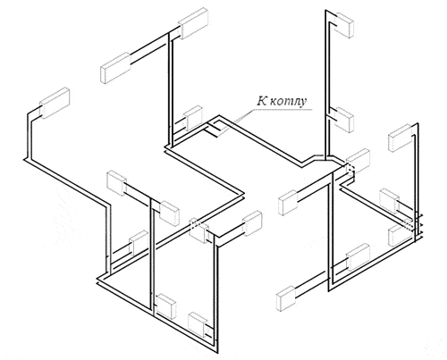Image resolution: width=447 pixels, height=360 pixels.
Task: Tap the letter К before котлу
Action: coord(262,101)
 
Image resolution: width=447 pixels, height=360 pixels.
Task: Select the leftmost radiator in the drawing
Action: coord(55,103)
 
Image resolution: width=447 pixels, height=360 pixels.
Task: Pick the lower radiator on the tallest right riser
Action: coord(344,119)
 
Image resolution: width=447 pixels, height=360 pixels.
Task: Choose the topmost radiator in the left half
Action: coord(193,23)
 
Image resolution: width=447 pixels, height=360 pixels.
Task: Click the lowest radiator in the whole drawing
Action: coord(198,325)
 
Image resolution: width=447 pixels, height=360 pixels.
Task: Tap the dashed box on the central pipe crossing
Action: coord(194,224)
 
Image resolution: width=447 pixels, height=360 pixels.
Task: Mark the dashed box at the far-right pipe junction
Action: coord(409,225)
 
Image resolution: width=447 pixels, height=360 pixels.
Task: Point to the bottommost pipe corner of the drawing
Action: coord(217,351)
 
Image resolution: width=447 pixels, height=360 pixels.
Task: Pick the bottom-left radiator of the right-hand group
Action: coord(286,298)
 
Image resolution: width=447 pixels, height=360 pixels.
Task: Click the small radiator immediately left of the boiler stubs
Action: coord(193,118)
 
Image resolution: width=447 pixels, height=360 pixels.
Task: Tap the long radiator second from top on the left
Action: coord(115,68)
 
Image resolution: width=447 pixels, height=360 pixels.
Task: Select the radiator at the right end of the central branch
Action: coord(253,223)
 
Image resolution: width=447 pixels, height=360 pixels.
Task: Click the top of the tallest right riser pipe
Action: coord(325,11)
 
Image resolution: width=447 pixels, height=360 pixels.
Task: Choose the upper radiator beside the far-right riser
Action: coord(401,138)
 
